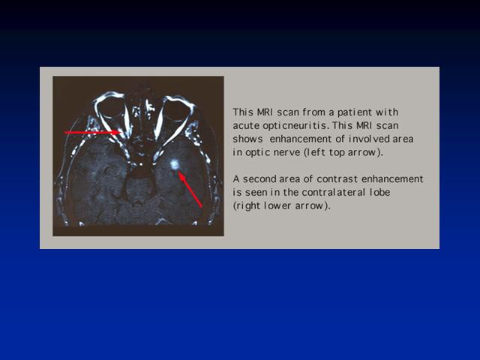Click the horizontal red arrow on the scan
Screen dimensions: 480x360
pos(93,133)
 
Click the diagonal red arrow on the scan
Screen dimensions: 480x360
pos(190,190)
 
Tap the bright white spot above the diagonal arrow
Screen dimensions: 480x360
pos(175,165)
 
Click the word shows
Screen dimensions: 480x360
pos(247,139)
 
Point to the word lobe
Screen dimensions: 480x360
pos(380,193)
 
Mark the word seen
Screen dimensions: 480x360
pos(254,193)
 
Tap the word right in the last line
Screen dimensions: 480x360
pos(247,206)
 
